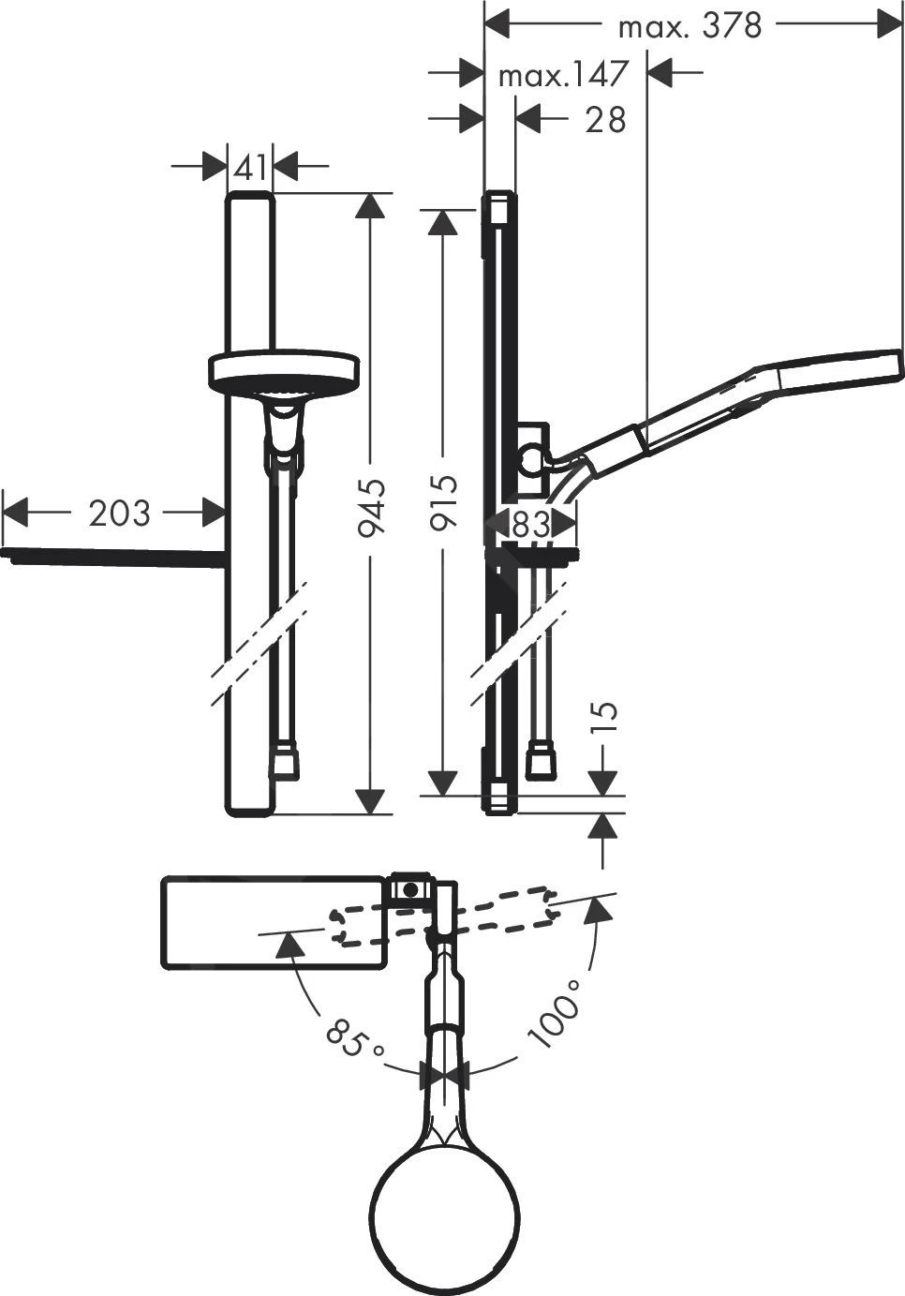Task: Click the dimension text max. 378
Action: [x=690, y=26]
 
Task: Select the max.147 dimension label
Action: [x=560, y=74]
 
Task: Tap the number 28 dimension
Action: [x=604, y=120]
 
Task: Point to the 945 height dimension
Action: [x=373, y=507]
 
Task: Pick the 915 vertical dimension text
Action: [x=443, y=503]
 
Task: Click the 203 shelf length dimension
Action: [x=118, y=513]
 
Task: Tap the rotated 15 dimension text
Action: [x=607, y=715]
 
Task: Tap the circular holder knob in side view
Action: [x=531, y=460]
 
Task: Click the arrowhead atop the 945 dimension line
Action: [x=373, y=207]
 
